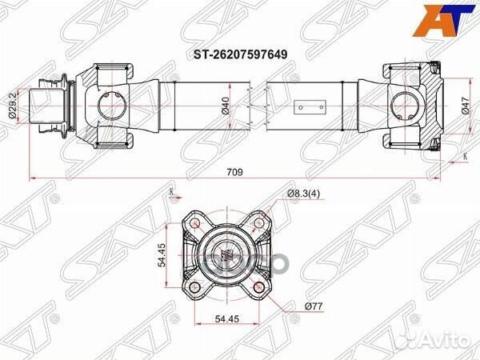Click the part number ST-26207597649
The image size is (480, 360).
(x=238, y=54)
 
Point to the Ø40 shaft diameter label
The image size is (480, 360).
(x=226, y=104)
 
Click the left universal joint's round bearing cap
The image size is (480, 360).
(x=108, y=104)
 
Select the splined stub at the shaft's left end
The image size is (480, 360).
(x=46, y=104)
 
